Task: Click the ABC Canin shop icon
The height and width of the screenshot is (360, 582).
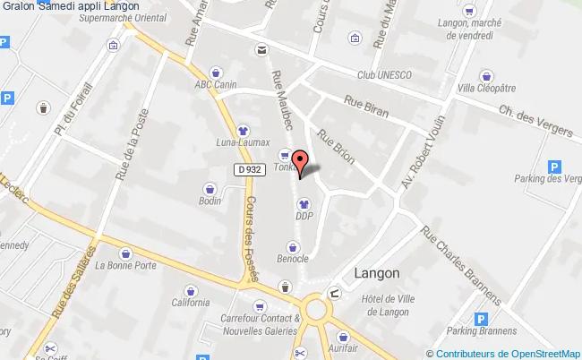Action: tap(215, 73)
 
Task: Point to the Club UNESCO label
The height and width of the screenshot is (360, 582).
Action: tap(384, 74)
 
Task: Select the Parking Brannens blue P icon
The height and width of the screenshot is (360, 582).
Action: tap(482, 318)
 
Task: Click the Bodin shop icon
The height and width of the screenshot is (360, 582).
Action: tap(210, 189)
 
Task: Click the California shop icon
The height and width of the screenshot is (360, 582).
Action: tap(191, 290)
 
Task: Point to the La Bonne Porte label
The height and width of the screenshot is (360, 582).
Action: tap(126, 265)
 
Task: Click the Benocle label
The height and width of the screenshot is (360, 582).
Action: tap(293, 258)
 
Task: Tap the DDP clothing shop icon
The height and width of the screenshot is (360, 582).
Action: tap(303, 201)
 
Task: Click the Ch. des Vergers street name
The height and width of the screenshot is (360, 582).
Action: tap(535, 123)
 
